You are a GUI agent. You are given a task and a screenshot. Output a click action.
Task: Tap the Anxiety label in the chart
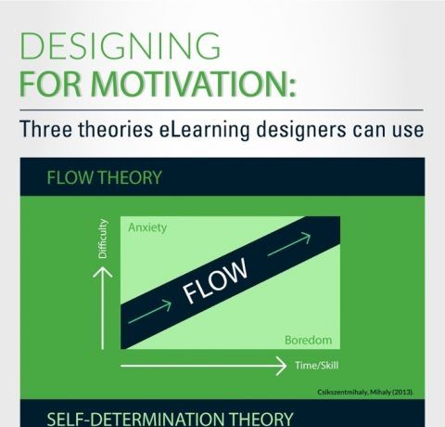(147, 227)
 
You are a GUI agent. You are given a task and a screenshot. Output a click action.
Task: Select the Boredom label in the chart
(308, 340)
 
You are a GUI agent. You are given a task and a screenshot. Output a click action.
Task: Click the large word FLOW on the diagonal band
(215, 280)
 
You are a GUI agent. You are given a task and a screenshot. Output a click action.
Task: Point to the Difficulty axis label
(102, 239)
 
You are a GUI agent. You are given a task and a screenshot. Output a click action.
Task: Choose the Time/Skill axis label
(316, 365)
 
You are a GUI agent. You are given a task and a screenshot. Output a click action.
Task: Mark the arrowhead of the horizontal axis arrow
(280, 366)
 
